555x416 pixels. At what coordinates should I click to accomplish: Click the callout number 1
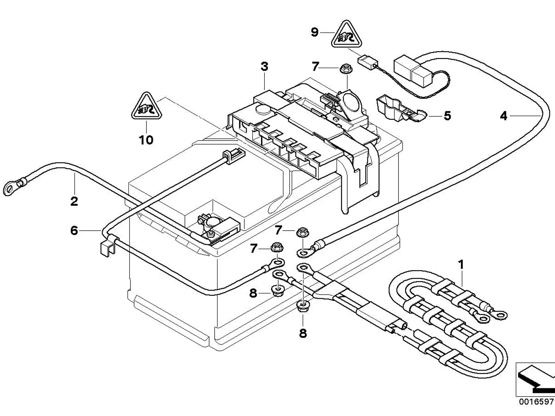tap(461, 264)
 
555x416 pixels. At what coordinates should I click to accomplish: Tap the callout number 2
tap(74, 201)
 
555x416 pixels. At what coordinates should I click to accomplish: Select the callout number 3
tap(264, 66)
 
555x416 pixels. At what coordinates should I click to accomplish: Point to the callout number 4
tap(504, 116)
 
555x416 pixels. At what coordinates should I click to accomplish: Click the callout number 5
tap(447, 116)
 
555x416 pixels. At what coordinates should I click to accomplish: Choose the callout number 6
tap(74, 231)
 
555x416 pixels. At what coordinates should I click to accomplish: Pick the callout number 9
tap(314, 32)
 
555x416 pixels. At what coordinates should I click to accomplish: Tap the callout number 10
tap(146, 140)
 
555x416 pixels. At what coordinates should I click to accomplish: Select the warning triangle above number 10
tap(147, 107)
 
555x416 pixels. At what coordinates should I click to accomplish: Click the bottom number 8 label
tap(303, 333)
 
